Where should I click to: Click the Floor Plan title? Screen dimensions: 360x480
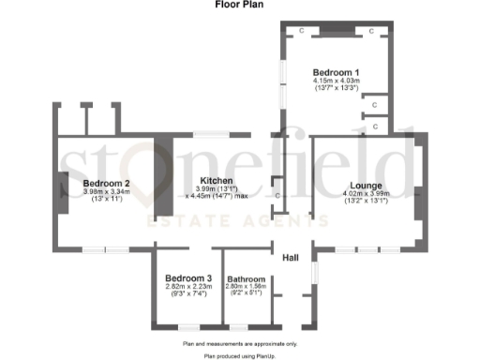click(x=239, y=5)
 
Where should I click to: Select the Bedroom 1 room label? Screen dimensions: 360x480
click(x=336, y=72)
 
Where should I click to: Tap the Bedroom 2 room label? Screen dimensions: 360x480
click(x=106, y=183)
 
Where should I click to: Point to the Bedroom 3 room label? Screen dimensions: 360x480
click(x=188, y=278)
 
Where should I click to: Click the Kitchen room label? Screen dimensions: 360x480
click(x=217, y=181)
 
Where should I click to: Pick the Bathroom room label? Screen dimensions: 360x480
click(x=247, y=278)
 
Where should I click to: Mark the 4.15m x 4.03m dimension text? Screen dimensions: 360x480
click(x=336, y=81)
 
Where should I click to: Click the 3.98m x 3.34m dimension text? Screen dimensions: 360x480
click(x=106, y=191)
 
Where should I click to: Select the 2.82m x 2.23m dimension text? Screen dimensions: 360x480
click(x=188, y=287)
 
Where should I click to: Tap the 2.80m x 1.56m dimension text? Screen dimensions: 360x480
click(x=247, y=287)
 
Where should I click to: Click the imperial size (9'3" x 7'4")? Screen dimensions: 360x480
click(x=188, y=294)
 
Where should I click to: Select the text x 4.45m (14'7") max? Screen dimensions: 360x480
click(x=217, y=197)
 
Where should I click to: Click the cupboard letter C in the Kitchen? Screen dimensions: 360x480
click(x=277, y=194)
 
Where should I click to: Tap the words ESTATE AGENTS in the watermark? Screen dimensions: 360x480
click(x=241, y=221)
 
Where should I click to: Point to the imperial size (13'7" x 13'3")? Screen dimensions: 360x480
click(x=336, y=89)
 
